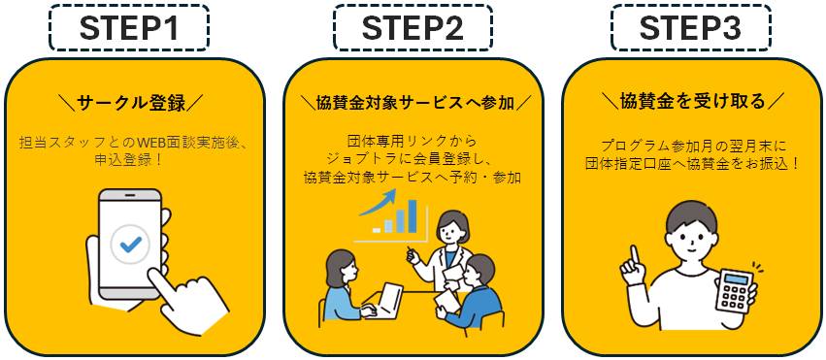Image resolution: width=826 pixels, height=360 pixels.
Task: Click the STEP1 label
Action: pyautogui.click(x=128, y=29)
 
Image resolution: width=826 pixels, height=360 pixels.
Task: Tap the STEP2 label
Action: pyautogui.click(x=413, y=29)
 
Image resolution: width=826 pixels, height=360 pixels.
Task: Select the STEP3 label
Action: pyautogui.click(x=691, y=29)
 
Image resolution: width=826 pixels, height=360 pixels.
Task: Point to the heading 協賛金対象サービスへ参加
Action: pyautogui.click(x=413, y=103)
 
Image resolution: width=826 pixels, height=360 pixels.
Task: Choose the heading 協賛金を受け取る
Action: pyautogui.click(x=692, y=101)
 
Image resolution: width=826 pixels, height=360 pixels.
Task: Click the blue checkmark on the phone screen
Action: pyautogui.click(x=130, y=244)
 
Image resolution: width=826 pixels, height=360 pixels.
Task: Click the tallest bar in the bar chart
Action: pyautogui.click(x=412, y=215)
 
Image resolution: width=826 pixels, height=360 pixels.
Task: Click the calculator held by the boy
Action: pyautogui.click(x=735, y=291)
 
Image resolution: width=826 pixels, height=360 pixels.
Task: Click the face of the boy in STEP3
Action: pyautogui.click(x=691, y=246)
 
